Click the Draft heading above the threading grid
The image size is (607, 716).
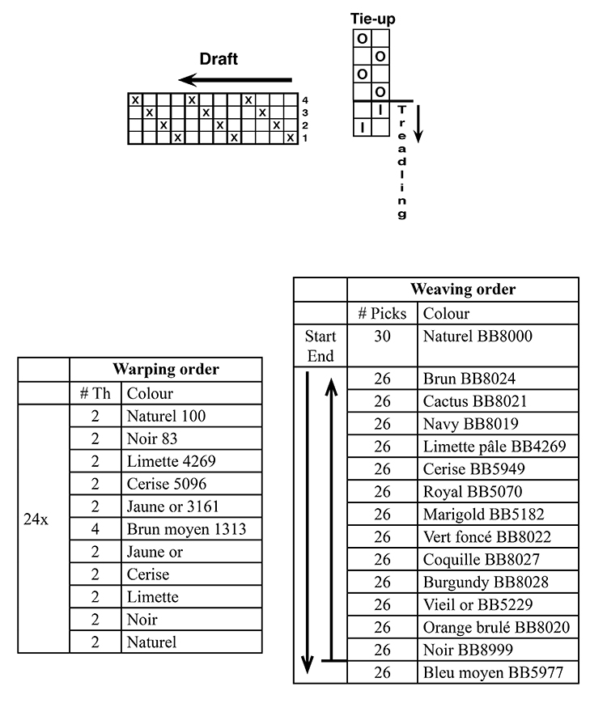(x=219, y=59)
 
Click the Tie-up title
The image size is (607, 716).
(x=372, y=19)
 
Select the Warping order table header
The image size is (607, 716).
(x=166, y=369)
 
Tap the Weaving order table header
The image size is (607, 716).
(x=463, y=289)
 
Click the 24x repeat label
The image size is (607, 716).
(x=36, y=519)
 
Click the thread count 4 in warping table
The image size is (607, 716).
(x=95, y=529)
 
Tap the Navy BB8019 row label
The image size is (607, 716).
(x=471, y=424)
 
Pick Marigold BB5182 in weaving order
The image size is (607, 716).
(x=484, y=515)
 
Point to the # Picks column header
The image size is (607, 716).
(x=382, y=313)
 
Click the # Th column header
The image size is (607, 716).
(x=95, y=393)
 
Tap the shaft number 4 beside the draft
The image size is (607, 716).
(x=304, y=100)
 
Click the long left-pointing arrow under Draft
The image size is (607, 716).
(x=235, y=80)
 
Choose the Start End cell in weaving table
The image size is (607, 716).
(x=320, y=345)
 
